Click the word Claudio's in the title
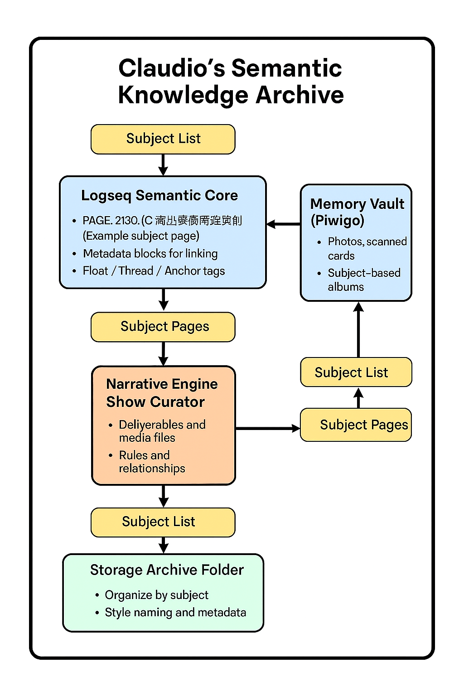click(x=172, y=68)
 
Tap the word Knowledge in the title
click(x=183, y=95)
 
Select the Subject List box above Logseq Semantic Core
click(x=163, y=139)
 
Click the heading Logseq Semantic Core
click(x=159, y=195)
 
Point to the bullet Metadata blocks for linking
click(x=150, y=254)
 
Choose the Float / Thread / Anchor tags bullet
click(x=154, y=271)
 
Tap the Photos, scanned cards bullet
click(x=367, y=248)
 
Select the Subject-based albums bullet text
click(x=364, y=280)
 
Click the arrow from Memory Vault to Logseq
click(x=284, y=224)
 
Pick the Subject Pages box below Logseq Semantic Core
click(x=163, y=327)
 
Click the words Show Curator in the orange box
click(x=155, y=402)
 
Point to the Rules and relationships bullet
click(x=151, y=462)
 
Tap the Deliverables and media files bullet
click(x=162, y=431)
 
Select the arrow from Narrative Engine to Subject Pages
click(x=267, y=428)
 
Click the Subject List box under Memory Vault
click(x=356, y=372)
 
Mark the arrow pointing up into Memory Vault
click(x=358, y=329)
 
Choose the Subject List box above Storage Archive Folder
click(x=163, y=522)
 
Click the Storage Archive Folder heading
click(x=167, y=570)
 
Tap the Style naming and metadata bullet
click(x=175, y=613)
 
